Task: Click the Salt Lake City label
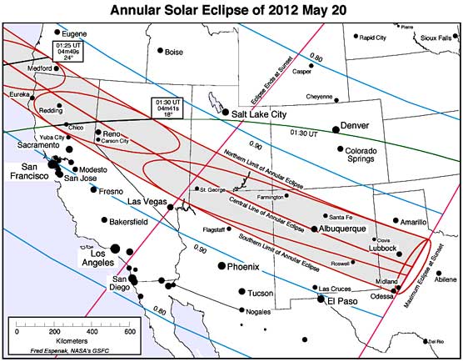point(266,113)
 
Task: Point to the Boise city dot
point(161,51)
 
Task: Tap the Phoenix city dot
point(221,266)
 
